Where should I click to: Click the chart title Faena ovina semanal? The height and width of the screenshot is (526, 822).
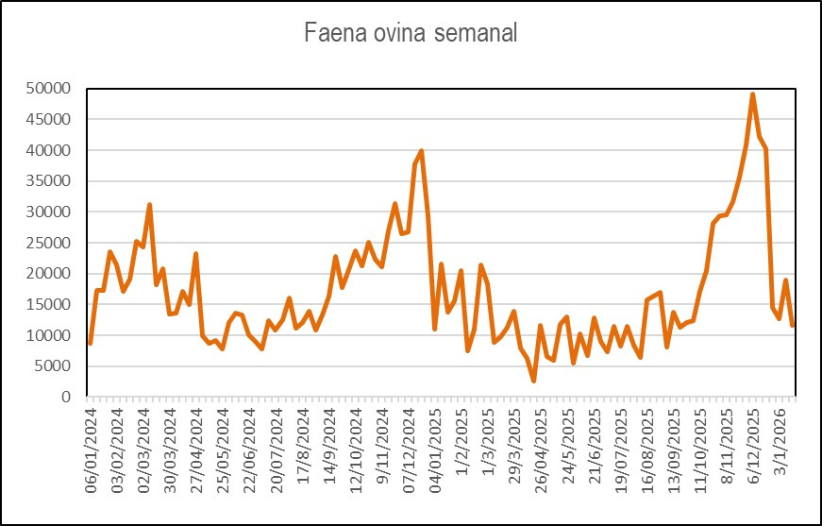(411, 34)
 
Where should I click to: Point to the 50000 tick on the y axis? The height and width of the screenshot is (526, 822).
(48, 89)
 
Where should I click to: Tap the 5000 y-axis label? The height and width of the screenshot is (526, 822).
(52, 366)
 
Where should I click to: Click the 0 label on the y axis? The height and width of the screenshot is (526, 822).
(65, 398)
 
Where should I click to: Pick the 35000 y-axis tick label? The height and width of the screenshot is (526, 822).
(48, 181)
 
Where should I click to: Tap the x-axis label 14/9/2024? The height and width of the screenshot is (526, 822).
(330, 448)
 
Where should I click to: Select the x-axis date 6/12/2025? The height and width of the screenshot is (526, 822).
(754, 448)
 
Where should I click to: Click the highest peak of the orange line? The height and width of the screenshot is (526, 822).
(753, 94)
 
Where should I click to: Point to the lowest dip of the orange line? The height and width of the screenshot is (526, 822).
(534, 381)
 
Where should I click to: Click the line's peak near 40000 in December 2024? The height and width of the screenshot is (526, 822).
(421, 150)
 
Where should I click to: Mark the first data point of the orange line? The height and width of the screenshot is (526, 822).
(90, 343)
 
